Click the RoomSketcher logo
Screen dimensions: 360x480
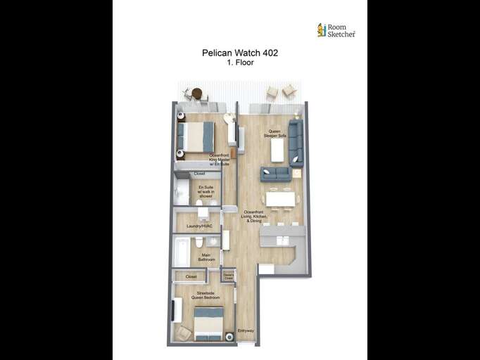tap(336, 30)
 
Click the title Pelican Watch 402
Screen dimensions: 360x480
tap(239, 53)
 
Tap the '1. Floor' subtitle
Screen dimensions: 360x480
tap(239, 63)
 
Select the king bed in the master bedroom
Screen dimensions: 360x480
tap(196, 137)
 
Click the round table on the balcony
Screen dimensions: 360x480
tap(197, 93)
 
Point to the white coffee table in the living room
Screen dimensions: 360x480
tap(277, 150)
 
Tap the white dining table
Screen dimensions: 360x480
tap(280, 199)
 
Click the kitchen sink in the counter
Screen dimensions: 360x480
tap(282, 240)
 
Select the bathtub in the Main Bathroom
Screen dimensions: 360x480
tap(182, 252)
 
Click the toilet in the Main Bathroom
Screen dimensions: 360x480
tap(199, 242)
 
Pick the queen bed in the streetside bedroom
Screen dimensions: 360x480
tap(208, 323)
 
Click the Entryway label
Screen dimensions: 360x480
tap(246, 330)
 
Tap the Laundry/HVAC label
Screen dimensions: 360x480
tap(199, 226)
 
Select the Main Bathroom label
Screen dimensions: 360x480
tap(206, 257)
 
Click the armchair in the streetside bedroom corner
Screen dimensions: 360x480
tap(183, 333)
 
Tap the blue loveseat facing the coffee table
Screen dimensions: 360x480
tap(275, 173)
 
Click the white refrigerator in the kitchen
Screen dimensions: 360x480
tap(266, 269)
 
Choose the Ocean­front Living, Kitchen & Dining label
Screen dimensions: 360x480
tap(253, 216)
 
